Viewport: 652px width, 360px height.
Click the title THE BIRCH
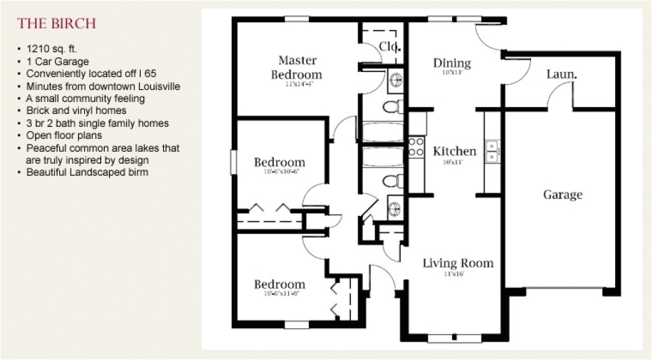[x=57, y=24]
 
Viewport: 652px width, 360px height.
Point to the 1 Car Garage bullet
[x=57, y=62]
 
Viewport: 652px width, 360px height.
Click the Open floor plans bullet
[x=64, y=135]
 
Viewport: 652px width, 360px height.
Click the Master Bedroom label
[x=297, y=68]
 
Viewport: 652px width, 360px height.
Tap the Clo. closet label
[x=389, y=46]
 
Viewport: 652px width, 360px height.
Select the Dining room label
[x=452, y=63]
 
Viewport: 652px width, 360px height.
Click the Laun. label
[x=562, y=75]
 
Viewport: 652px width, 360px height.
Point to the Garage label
[x=562, y=194]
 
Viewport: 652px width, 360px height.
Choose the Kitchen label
[x=455, y=151]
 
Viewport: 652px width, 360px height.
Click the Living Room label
[x=458, y=263]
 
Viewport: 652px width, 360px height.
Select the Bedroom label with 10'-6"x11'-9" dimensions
[x=280, y=284]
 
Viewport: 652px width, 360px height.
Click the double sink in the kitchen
[x=492, y=152]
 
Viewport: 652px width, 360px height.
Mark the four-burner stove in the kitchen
[x=416, y=147]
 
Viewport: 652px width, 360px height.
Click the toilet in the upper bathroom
[x=393, y=106]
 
